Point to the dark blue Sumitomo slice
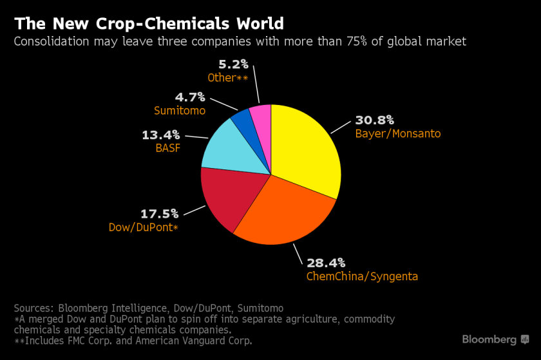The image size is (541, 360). (x=242, y=117)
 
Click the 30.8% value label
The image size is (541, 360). (x=374, y=120)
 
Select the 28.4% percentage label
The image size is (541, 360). (x=326, y=263)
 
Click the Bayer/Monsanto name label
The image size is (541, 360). (x=397, y=134)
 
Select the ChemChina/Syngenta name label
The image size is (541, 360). (x=362, y=276)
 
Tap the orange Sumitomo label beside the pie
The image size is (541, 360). (x=180, y=111)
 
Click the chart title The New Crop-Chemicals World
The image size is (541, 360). (x=149, y=24)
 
